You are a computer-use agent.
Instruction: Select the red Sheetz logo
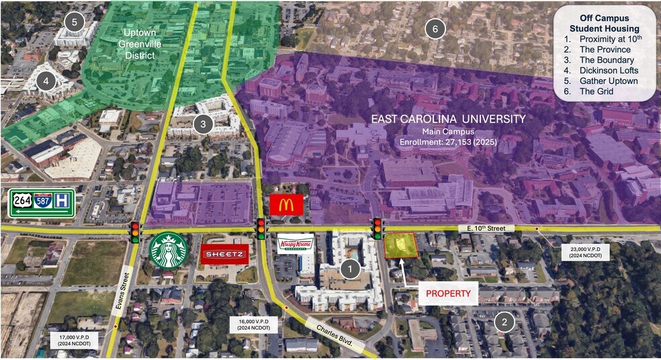click(x=225, y=254)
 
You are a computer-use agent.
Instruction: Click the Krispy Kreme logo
click(x=296, y=245)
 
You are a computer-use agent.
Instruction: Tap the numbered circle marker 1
click(x=349, y=269)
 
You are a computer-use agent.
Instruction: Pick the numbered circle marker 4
click(x=46, y=82)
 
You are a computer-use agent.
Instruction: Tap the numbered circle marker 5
click(x=75, y=22)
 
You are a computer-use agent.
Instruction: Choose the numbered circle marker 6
click(x=435, y=29)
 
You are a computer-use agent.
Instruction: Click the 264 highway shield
click(x=20, y=204)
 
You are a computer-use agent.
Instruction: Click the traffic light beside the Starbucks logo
click(x=135, y=231)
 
